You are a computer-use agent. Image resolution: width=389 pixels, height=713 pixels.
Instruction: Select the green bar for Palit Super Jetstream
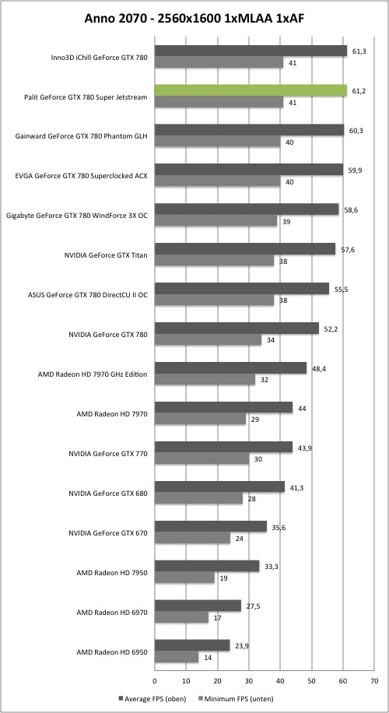[251, 90]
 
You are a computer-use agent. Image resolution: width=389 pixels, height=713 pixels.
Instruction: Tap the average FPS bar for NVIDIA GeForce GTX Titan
[245, 249]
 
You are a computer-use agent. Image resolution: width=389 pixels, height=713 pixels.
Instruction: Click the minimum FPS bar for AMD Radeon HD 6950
[177, 657]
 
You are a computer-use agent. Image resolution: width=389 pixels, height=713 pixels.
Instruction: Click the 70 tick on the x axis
[374, 681]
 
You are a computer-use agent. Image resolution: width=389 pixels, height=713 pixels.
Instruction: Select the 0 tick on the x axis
[155, 681]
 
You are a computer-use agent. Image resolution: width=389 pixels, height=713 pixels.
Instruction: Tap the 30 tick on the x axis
[249, 681]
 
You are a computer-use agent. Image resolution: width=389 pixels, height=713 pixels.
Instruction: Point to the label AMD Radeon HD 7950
[112, 572]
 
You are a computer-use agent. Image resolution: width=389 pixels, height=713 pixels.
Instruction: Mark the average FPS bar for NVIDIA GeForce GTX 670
[211, 526]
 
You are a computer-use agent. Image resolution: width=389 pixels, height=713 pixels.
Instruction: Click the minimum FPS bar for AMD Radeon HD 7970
[201, 420]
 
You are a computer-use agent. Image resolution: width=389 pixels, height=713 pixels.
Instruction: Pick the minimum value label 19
[223, 578]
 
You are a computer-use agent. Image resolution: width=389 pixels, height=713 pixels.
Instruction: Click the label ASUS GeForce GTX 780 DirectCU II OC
[88, 295]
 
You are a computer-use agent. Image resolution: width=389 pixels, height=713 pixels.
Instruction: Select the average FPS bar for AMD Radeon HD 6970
[198, 606]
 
